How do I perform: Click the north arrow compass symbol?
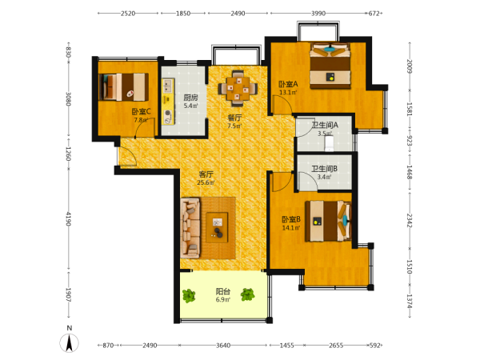tap(69, 343)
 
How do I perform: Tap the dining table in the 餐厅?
tap(238, 89)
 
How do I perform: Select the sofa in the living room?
tap(190, 227)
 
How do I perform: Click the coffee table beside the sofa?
tap(217, 227)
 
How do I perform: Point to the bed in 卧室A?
tap(330, 66)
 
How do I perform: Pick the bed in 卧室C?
tap(123, 87)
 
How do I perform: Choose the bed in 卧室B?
tap(328, 221)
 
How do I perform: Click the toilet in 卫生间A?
tap(329, 143)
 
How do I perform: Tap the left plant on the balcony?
tap(189, 295)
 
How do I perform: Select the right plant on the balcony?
tap(247, 294)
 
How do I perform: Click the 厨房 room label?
tap(190, 98)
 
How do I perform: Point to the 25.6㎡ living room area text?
tap(206, 182)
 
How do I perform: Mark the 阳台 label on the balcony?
tap(223, 291)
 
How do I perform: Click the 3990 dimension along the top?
tap(318, 13)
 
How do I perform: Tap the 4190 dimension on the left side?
tap(69, 219)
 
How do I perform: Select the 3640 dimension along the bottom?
tap(223, 346)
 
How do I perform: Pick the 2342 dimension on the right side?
tap(410, 221)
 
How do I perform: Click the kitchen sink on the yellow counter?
tap(167, 86)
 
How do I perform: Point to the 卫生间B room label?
tap(325, 169)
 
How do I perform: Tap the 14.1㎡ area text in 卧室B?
tap(291, 227)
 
